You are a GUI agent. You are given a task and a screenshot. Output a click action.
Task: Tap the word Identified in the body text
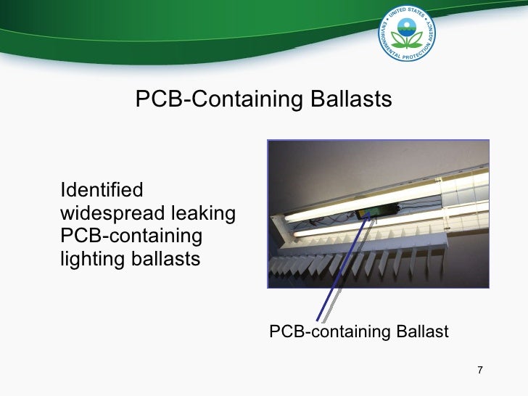[x=102, y=191]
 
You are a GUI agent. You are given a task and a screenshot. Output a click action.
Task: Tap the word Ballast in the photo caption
[x=422, y=332]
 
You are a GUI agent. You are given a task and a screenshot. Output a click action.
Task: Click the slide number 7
[x=479, y=371]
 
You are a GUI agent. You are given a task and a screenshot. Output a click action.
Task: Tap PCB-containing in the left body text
[x=131, y=236]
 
